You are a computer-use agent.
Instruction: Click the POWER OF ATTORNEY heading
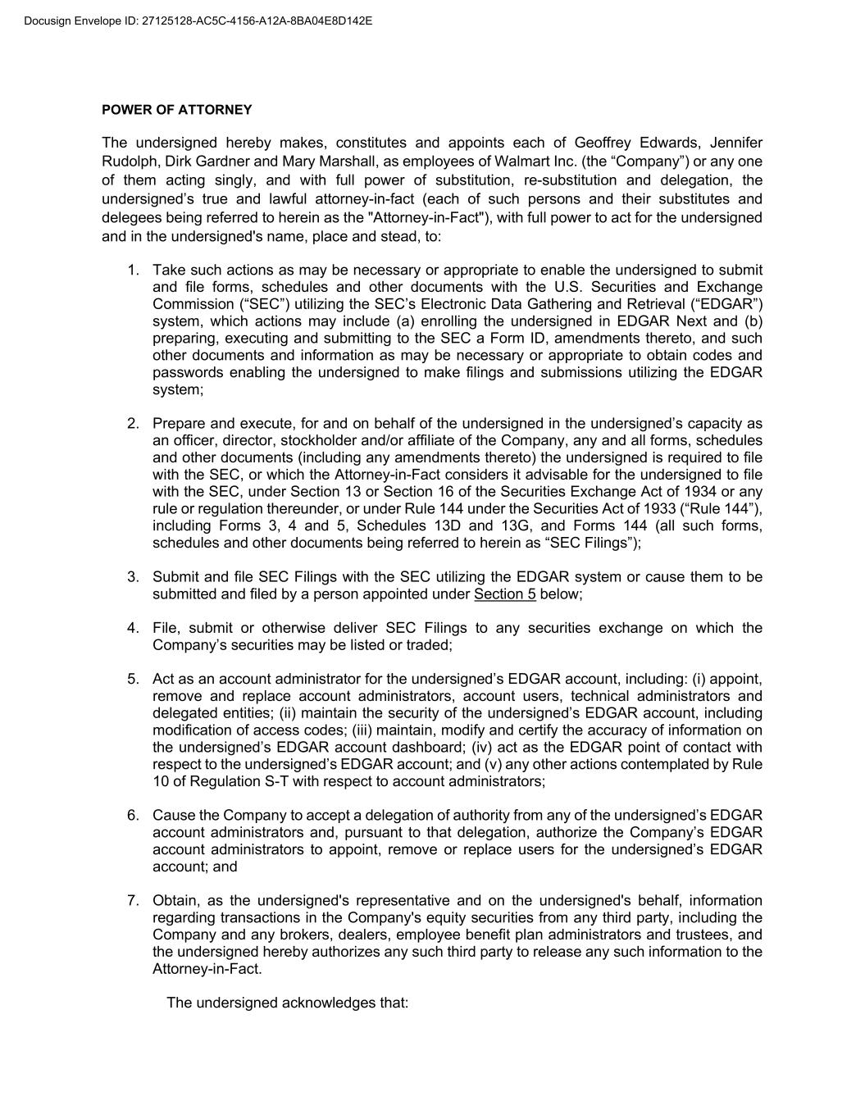(x=177, y=110)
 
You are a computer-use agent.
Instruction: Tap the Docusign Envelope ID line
(x=198, y=20)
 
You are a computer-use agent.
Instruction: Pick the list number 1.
(x=133, y=271)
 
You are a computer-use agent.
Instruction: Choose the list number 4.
(x=133, y=629)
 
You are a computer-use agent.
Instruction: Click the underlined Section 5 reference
(x=505, y=594)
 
